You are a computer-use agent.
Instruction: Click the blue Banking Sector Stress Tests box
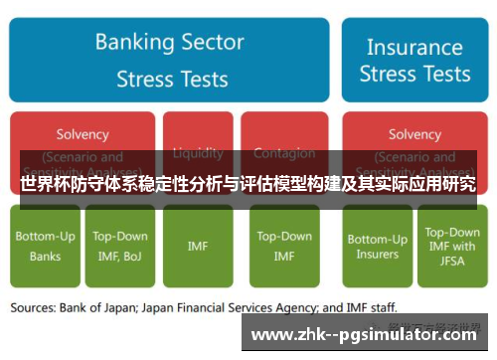coord(170,59)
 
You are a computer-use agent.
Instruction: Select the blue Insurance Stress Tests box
coord(414,59)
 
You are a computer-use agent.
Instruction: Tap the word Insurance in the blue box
coord(414,46)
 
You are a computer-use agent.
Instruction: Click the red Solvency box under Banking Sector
coord(83,135)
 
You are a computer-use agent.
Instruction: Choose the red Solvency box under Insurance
coord(414,135)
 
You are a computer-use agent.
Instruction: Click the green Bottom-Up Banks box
coord(45,246)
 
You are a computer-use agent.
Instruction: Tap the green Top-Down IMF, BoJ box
coord(120,246)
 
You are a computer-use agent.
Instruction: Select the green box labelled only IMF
coord(198,246)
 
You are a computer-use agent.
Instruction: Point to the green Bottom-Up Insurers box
coord(377,246)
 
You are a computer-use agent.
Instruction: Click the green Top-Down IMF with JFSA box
coord(451,246)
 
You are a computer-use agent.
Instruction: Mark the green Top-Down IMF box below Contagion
coord(284,246)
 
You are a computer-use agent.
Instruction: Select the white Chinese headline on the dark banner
coord(248,184)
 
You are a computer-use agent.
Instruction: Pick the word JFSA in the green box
coord(451,262)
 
